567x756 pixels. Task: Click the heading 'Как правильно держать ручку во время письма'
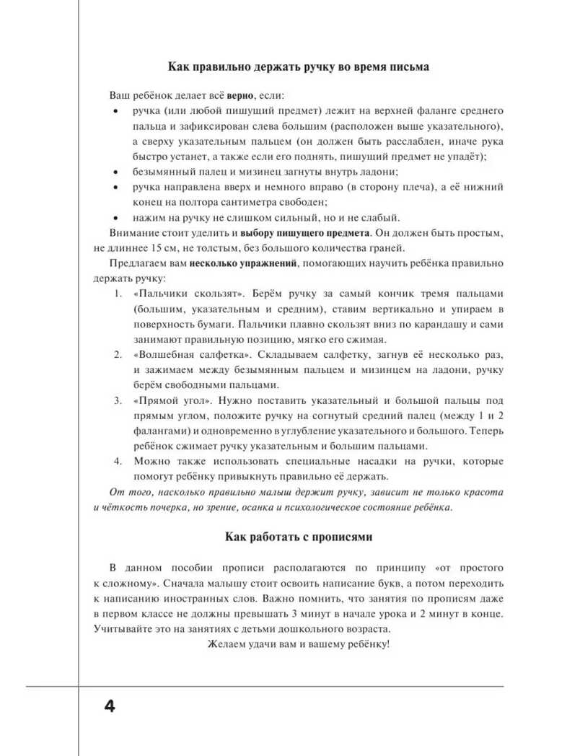pyautogui.click(x=298, y=67)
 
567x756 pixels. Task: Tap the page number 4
pyautogui.click(x=109, y=705)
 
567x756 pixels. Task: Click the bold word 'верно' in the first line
pyautogui.click(x=241, y=94)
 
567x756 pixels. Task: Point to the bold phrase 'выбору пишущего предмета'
pyautogui.click(x=304, y=233)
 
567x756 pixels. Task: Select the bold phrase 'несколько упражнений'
pyautogui.click(x=243, y=263)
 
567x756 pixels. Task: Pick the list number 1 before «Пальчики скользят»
pyautogui.click(x=118, y=294)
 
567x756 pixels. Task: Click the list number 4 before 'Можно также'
pyautogui.click(x=118, y=461)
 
